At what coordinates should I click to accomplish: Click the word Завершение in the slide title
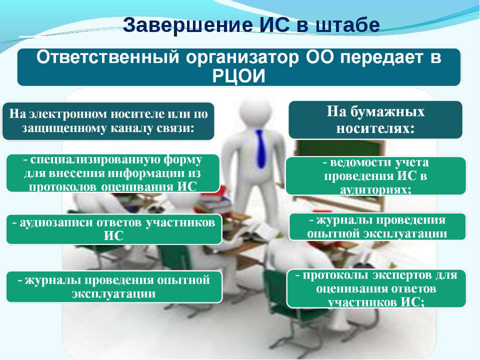[188, 25]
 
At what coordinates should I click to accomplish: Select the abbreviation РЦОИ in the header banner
[238, 76]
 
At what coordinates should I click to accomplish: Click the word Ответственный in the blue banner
[107, 57]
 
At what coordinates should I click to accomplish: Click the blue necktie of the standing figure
[260, 148]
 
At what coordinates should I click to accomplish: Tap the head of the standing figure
[255, 111]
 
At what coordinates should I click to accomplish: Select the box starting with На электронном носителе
[108, 121]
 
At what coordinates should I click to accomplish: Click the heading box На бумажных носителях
[375, 119]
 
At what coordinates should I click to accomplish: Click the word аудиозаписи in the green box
[56, 222]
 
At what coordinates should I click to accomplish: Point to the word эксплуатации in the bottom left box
[113, 294]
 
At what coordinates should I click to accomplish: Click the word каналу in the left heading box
[131, 128]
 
